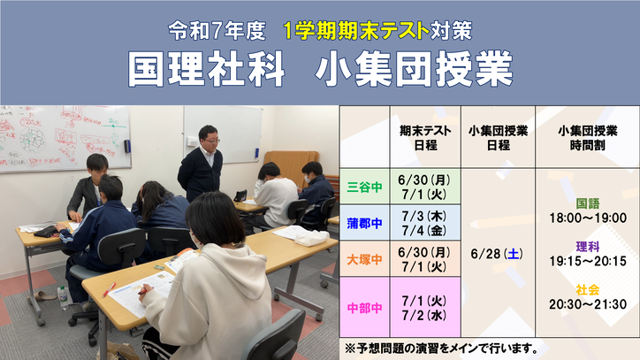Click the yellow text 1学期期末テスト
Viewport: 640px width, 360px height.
point(355,31)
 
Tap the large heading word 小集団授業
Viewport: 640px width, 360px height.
point(414,70)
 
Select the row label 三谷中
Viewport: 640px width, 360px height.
point(364,187)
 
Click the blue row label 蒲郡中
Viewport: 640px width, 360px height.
point(364,223)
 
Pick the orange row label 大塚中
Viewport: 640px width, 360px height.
point(364,259)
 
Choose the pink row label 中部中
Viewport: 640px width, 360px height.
point(364,308)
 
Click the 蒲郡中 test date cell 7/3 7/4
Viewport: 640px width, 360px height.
point(425,223)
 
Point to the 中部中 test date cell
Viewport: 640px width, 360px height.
point(425,308)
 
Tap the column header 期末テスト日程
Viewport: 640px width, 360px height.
point(425,138)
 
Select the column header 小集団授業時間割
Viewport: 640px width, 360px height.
point(587,138)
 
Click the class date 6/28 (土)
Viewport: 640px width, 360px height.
point(497,254)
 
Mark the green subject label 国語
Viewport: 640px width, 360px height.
point(587,203)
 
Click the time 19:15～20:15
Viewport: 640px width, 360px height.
point(587,261)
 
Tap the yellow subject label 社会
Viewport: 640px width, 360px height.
point(587,290)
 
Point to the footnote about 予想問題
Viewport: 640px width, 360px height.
point(441,349)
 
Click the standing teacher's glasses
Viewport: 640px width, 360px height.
point(211,141)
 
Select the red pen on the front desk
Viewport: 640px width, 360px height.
point(109,290)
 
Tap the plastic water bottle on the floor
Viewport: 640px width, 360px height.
point(63,297)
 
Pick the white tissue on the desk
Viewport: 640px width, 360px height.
point(311,238)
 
